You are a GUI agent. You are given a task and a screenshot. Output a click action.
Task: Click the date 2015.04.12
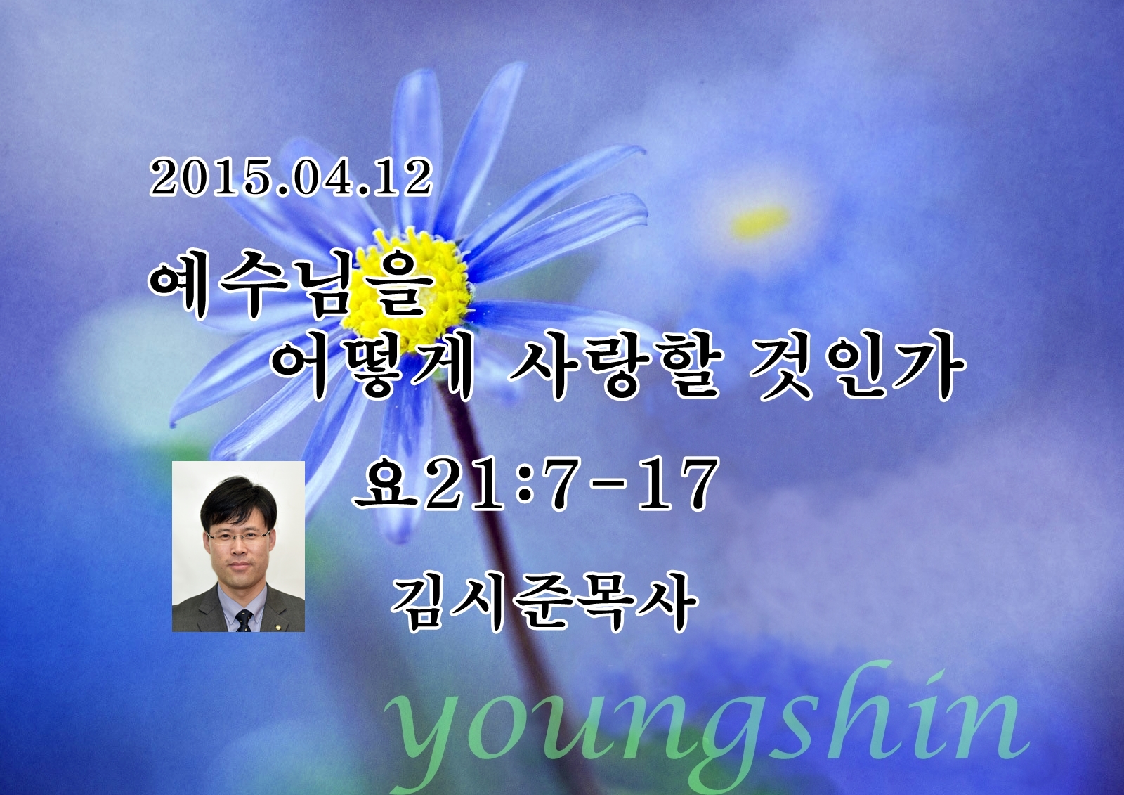coord(291,179)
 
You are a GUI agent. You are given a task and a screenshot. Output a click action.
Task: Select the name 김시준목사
coord(544,602)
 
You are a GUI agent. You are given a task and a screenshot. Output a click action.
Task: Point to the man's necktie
coord(244,621)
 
